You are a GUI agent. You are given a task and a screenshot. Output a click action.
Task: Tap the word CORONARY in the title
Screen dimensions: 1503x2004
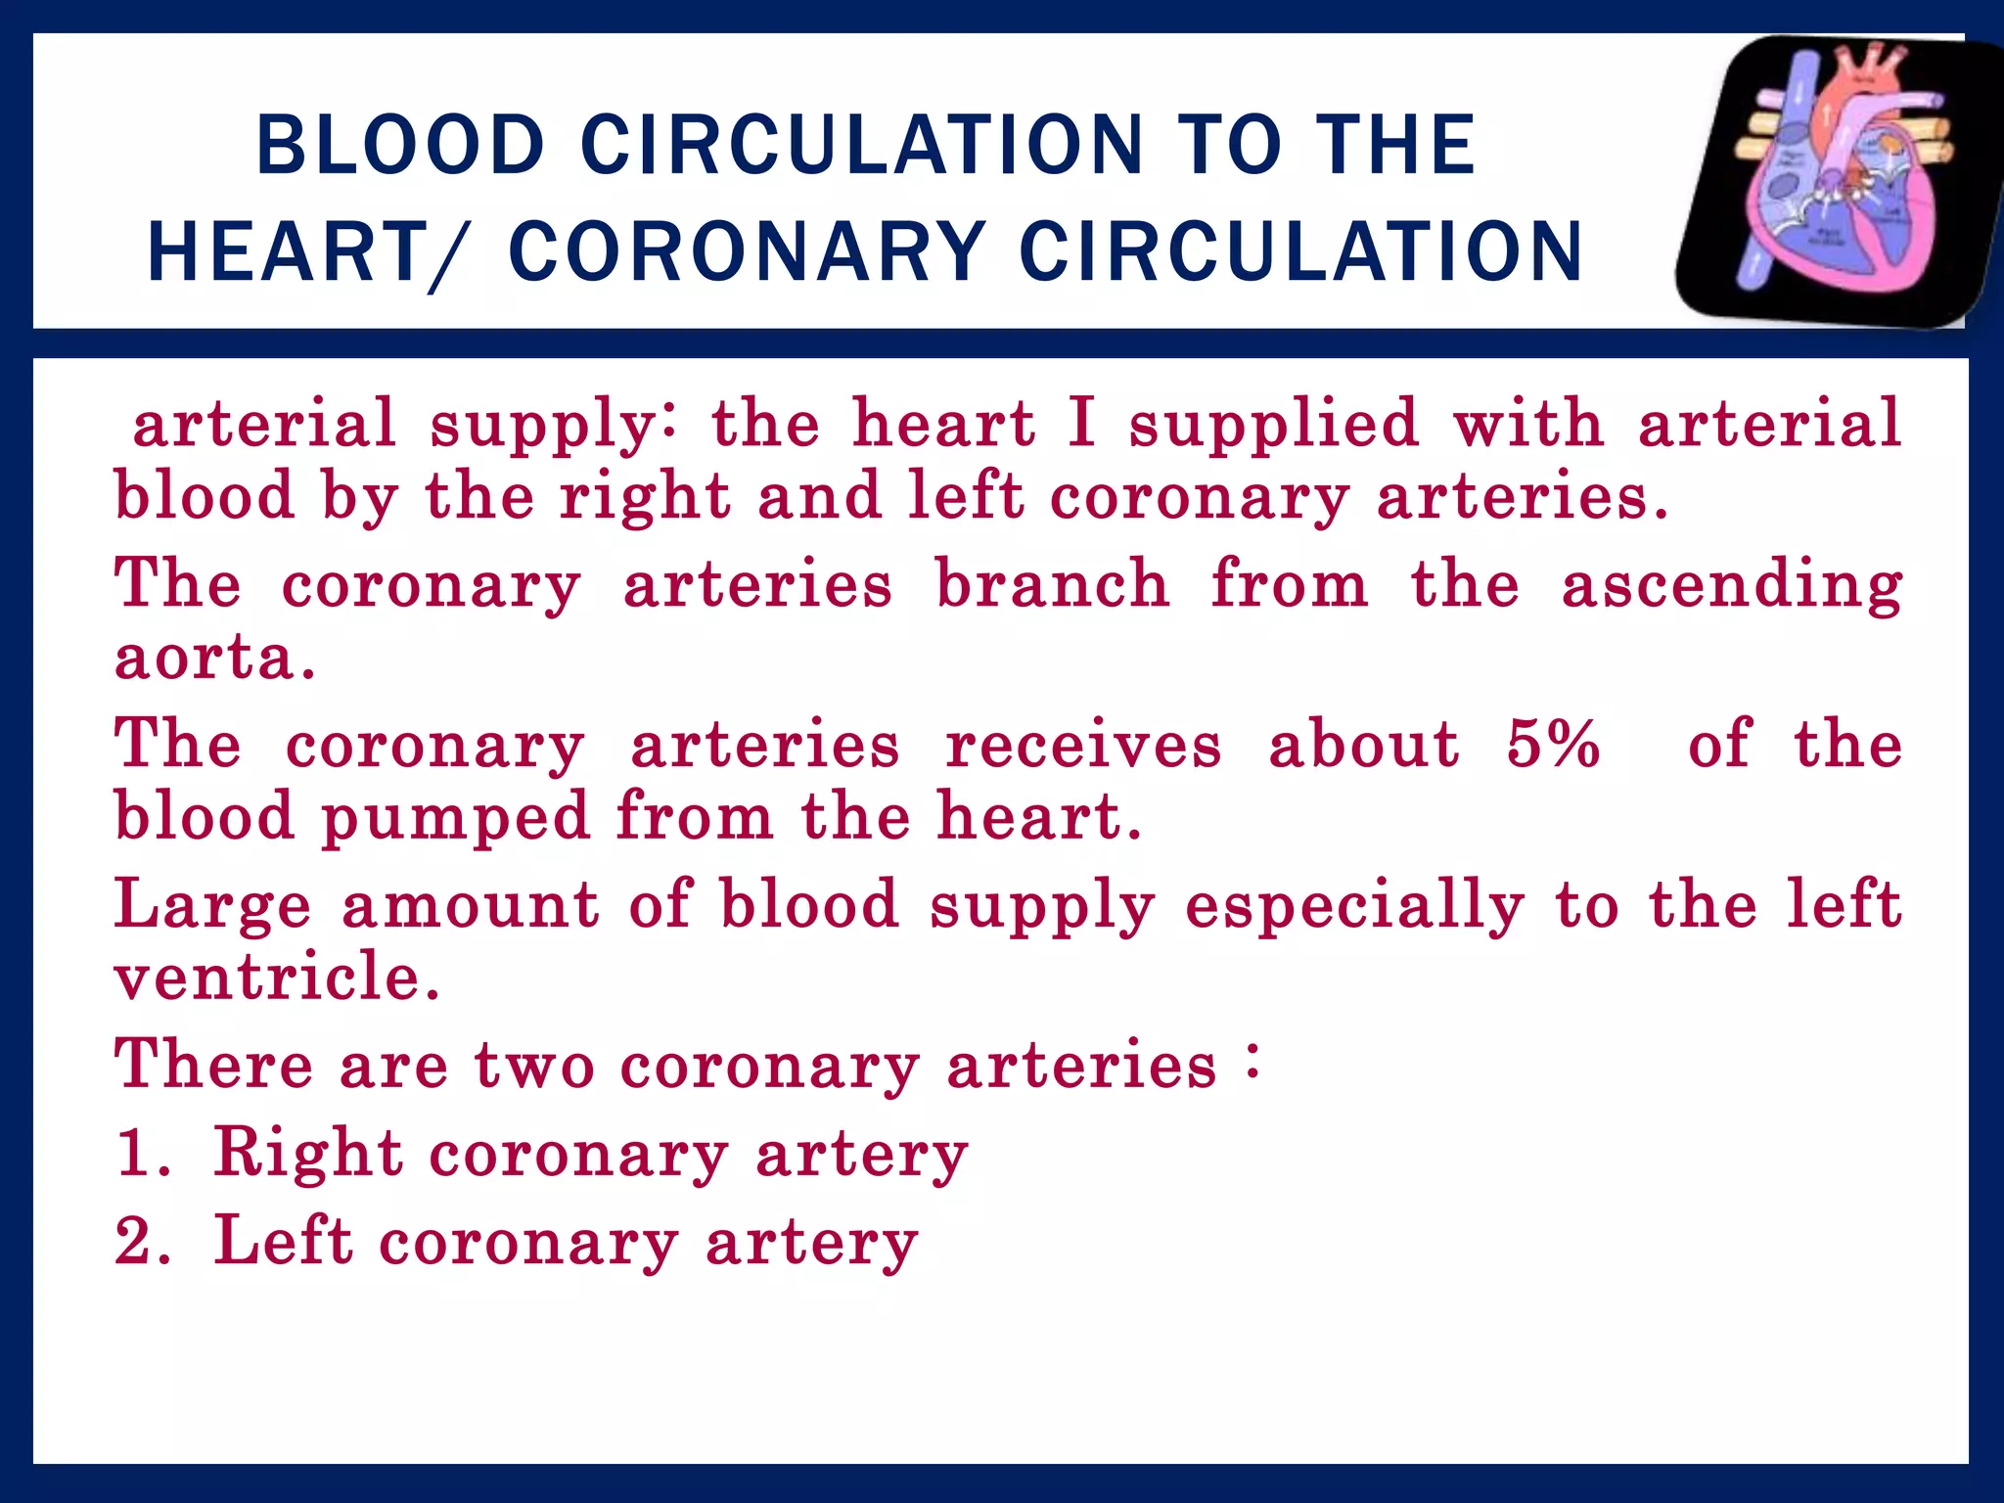pyautogui.click(x=748, y=252)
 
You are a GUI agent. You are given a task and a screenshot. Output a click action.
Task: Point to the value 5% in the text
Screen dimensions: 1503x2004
pyautogui.click(x=1553, y=744)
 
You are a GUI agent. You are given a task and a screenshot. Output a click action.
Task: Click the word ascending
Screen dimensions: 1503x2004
pyautogui.click(x=1731, y=585)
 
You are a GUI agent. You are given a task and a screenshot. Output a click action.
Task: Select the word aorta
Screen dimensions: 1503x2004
pyautogui.click(x=215, y=658)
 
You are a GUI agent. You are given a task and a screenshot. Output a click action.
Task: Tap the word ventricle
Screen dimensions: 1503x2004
pyautogui.click(x=277, y=977)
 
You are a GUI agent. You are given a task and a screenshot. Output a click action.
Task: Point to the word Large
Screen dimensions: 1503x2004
pyautogui.click(x=213, y=905)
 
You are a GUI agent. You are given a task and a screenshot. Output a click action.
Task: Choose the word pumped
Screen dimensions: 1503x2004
pyautogui.click(x=456, y=818)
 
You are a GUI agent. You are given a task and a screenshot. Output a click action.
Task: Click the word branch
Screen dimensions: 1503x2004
pyautogui.click(x=1053, y=585)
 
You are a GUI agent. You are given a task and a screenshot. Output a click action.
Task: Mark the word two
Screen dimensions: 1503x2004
pyautogui.click(x=534, y=1065)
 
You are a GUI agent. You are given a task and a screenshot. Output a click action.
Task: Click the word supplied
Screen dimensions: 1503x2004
pyautogui.click(x=1273, y=425)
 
